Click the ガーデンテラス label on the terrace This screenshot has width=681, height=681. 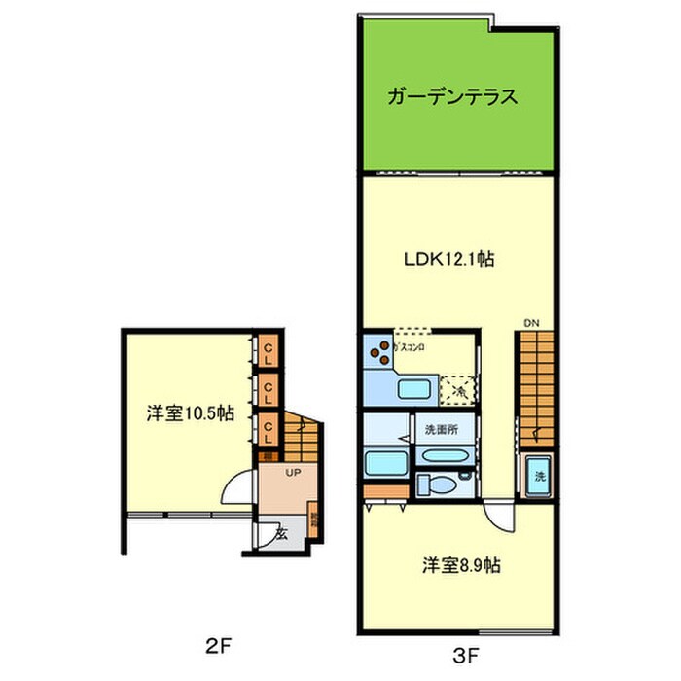tap(449, 97)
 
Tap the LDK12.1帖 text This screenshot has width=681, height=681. tap(449, 260)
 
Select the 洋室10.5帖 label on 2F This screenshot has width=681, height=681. tap(190, 413)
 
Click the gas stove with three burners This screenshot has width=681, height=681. tap(378, 352)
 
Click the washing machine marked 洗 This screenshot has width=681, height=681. tap(537, 477)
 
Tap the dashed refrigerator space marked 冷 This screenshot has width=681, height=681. tap(457, 390)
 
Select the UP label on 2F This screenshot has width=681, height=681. tap(292, 473)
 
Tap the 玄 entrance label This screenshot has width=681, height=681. tap(280, 533)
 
